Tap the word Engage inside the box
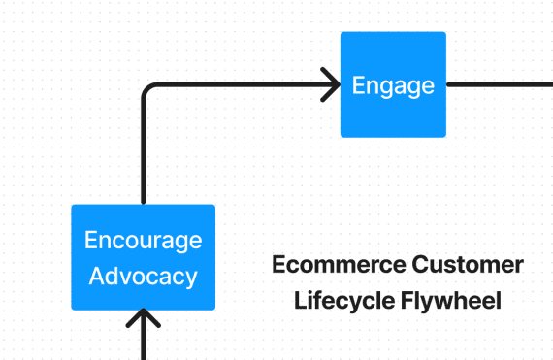coord(393,85)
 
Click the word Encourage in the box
coord(143,240)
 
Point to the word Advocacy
coord(143,277)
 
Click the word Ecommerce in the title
coord(337,265)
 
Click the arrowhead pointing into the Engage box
coord(332,84)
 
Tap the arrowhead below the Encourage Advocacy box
coord(144,319)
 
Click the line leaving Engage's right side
coord(500,84)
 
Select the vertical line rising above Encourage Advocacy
coord(144,155)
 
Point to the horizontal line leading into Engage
coord(243,84)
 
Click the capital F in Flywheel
coord(406,301)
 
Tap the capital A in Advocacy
coord(96,277)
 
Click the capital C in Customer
coord(418,265)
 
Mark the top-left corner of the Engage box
coord(342,34)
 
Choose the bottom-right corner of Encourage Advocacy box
coord(212,308)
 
